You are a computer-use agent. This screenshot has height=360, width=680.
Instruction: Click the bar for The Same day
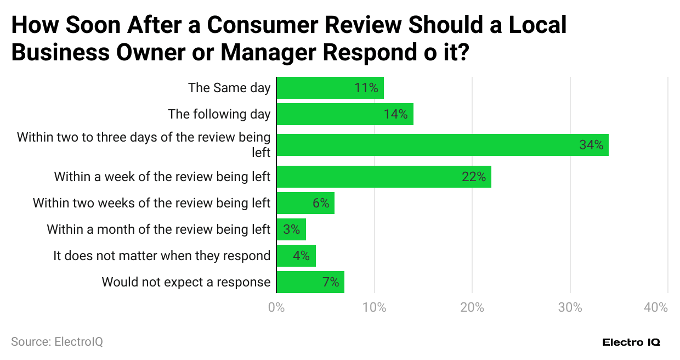(x=330, y=88)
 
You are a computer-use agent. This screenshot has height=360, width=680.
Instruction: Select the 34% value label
(x=591, y=145)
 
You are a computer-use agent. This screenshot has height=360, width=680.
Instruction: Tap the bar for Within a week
(x=383, y=177)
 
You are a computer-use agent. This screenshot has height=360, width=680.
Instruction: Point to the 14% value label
(x=395, y=114)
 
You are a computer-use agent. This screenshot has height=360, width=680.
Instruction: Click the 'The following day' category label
(x=219, y=114)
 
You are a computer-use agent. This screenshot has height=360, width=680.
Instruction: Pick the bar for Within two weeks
(x=305, y=203)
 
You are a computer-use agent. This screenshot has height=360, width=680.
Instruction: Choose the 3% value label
(x=291, y=229)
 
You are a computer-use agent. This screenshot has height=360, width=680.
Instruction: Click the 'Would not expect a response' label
(x=186, y=282)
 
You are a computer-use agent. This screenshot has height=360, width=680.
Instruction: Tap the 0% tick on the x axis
(x=276, y=308)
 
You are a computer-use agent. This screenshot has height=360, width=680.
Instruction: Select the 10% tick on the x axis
(x=375, y=308)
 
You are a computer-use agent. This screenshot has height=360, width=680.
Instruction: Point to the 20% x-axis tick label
(x=472, y=308)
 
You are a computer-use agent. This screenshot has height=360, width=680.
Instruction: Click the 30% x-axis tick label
(x=570, y=308)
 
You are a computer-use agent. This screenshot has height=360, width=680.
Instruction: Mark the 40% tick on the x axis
(x=656, y=308)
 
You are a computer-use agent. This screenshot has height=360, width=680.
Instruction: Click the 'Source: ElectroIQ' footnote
(x=57, y=341)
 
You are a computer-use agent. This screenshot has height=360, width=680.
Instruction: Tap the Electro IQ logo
(x=631, y=342)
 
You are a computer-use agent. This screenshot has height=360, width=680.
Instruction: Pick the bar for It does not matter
(x=296, y=256)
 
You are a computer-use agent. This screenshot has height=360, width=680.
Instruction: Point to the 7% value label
(x=331, y=282)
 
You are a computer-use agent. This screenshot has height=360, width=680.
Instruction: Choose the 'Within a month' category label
(x=158, y=229)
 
